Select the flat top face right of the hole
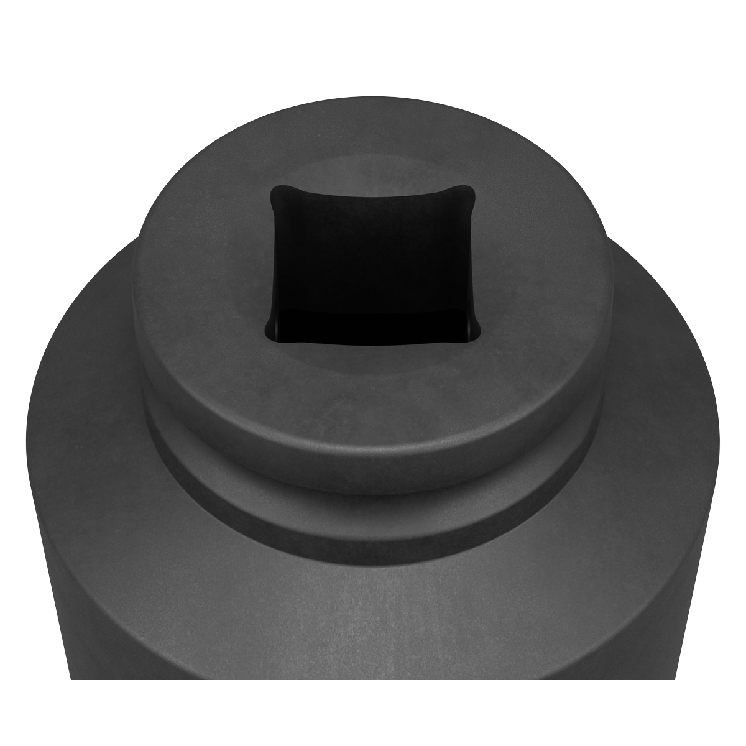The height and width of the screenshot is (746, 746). pyautogui.click(x=541, y=274)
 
